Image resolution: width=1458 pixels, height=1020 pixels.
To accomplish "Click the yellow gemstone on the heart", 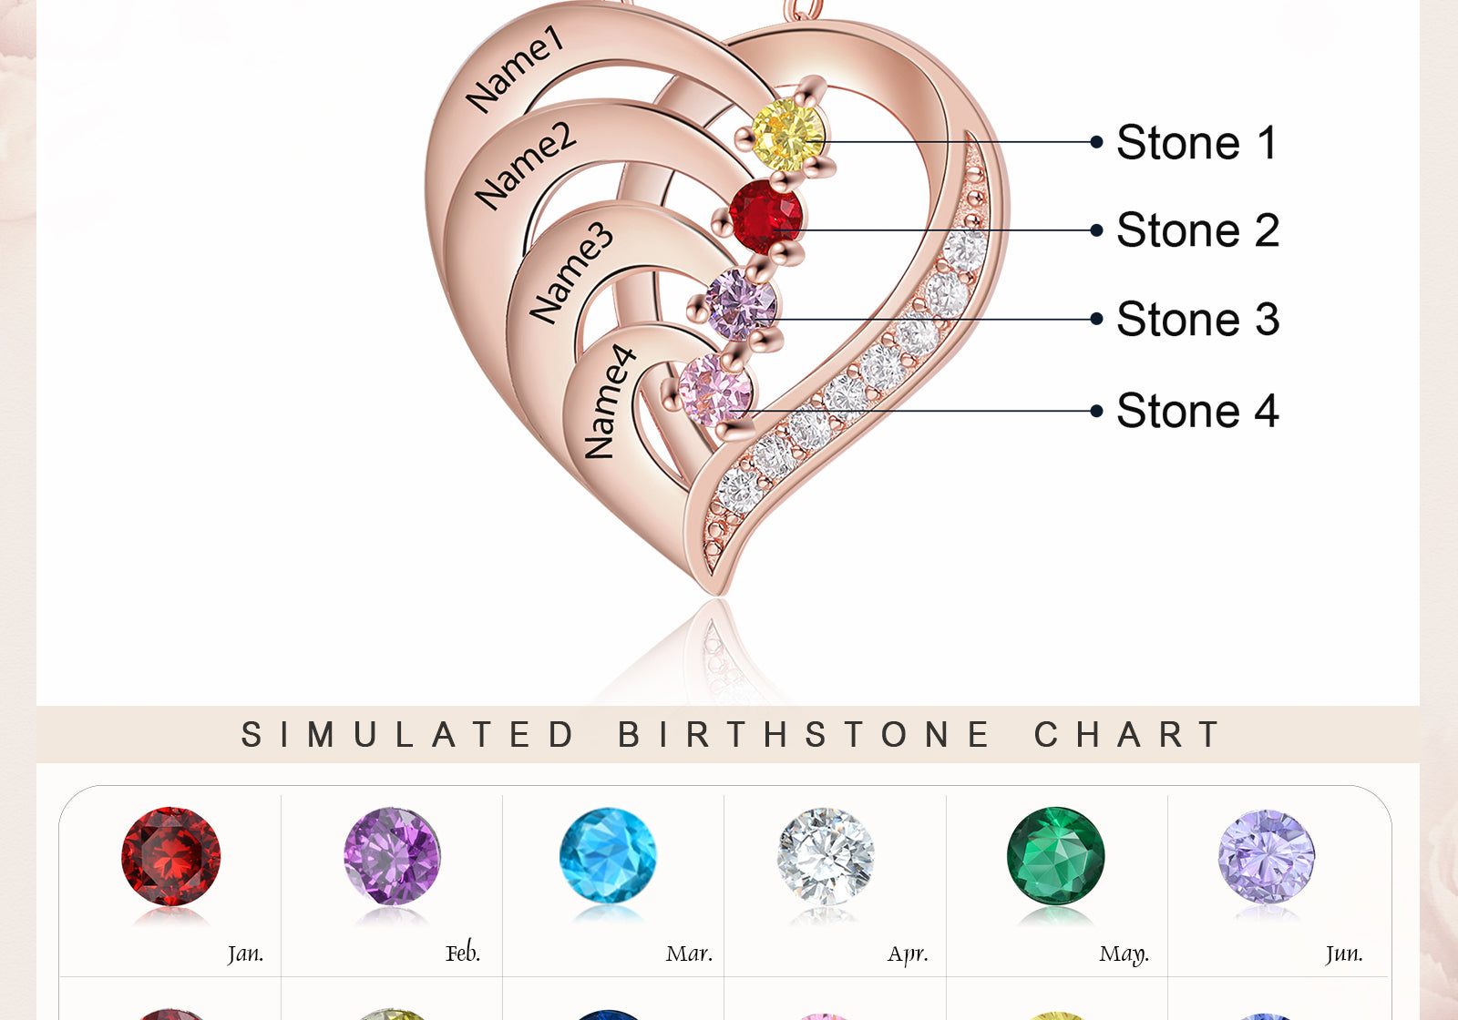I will click(x=788, y=135).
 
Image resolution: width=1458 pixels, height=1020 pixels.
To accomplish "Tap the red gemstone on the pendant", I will click(x=766, y=215).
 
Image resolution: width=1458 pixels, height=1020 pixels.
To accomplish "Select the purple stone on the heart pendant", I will click(x=742, y=304).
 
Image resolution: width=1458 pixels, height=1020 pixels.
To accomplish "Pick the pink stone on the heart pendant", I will click(x=715, y=390).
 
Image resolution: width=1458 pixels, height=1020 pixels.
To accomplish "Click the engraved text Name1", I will click(x=516, y=69).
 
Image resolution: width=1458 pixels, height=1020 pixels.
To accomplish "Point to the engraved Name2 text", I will click(x=526, y=165).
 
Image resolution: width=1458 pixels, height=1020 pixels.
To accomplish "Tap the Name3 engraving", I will click(x=571, y=272).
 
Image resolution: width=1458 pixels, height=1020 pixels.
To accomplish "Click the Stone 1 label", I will click(x=1196, y=143).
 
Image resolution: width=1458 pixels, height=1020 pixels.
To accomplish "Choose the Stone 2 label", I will click(x=1197, y=230).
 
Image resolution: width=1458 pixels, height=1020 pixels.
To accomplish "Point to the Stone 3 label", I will click(x=1197, y=320).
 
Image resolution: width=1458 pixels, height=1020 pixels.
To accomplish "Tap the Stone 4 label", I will click(x=1197, y=411).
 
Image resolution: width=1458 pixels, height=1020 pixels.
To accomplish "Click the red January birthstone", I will click(x=171, y=856).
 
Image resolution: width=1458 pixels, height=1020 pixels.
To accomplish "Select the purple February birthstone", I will click(x=393, y=856).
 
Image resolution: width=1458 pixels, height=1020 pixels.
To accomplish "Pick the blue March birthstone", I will click(x=608, y=856).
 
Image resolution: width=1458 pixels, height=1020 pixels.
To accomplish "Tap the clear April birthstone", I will click(x=826, y=856).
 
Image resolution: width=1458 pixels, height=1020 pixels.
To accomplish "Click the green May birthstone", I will click(x=1056, y=856).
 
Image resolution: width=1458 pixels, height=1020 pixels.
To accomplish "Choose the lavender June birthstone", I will click(x=1267, y=856).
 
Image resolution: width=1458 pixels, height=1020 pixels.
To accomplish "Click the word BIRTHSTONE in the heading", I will click(x=805, y=734).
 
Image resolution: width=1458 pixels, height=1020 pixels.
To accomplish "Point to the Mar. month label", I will click(x=689, y=954).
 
